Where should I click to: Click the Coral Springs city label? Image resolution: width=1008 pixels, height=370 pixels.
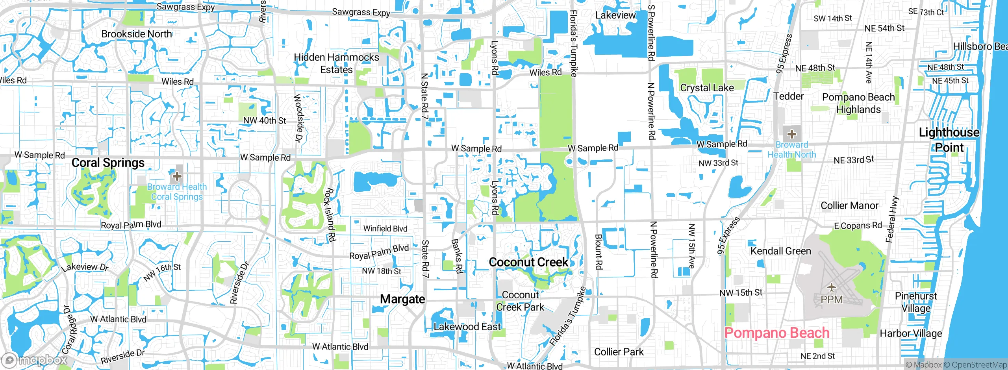[x=108, y=163]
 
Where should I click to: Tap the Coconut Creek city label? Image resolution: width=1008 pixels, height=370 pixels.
[x=528, y=262]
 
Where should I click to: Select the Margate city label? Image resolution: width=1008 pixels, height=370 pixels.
[x=402, y=299]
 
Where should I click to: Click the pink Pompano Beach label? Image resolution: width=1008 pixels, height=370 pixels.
[x=776, y=333]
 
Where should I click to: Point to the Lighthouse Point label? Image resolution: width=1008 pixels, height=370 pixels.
[x=949, y=140]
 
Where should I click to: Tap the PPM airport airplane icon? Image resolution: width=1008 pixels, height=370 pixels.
[x=831, y=287]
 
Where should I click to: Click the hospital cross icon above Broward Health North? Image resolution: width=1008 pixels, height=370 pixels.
[x=791, y=134]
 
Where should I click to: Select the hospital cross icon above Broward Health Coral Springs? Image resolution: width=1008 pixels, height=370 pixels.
[x=177, y=176]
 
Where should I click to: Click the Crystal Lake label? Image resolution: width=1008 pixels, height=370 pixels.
[x=707, y=88]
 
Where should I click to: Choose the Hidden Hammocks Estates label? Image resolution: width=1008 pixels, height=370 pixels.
[x=336, y=63]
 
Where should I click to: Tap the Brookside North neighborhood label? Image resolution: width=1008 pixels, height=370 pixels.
[x=137, y=34]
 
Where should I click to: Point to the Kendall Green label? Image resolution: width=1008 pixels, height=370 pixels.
[x=780, y=251]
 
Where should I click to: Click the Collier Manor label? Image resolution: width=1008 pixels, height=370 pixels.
[x=849, y=205]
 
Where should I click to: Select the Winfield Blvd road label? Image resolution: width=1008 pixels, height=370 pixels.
[x=385, y=228]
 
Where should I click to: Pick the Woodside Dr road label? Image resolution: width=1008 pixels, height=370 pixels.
[x=299, y=117]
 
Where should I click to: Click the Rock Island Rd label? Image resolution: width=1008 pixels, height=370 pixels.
[x=330, y=215]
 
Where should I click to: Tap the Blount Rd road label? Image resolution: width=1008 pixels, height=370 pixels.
[x=598, y=252]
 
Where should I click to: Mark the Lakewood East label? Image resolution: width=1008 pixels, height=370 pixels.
[x=467, y=327]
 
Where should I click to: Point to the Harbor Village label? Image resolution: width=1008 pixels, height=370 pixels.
[x=911, y=333]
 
